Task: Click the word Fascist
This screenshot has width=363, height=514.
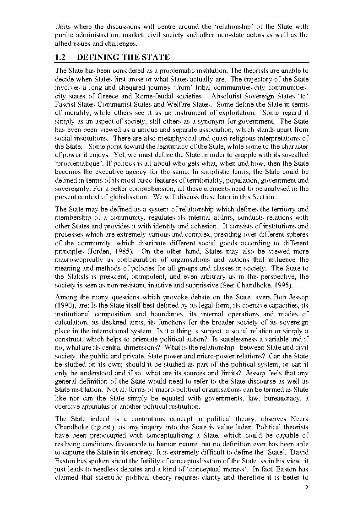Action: point(65,105)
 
